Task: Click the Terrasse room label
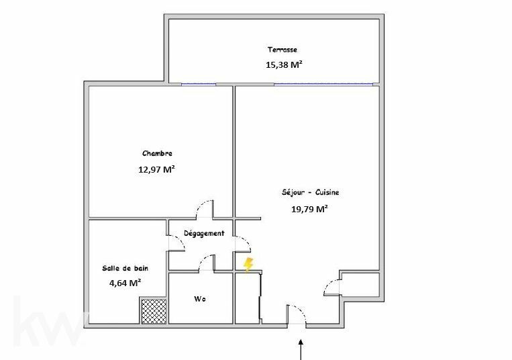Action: [283, 50]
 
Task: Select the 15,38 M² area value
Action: [284, 64]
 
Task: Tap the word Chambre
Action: [157, 153]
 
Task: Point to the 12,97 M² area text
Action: [157, 169]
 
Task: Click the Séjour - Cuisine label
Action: [310, 192]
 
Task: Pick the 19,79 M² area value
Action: [309, 209]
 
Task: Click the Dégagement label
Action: [204, 234]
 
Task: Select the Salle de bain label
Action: [125, 268]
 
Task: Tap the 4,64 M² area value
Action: [125, 283]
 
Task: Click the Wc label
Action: [200, 299]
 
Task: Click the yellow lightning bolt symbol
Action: [248, 265]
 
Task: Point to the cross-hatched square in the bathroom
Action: [154, 311]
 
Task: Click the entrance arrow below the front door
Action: [301, 349]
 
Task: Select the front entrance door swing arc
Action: [301, 310]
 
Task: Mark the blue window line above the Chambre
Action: [199, 85]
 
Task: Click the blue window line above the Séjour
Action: [323, 84]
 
